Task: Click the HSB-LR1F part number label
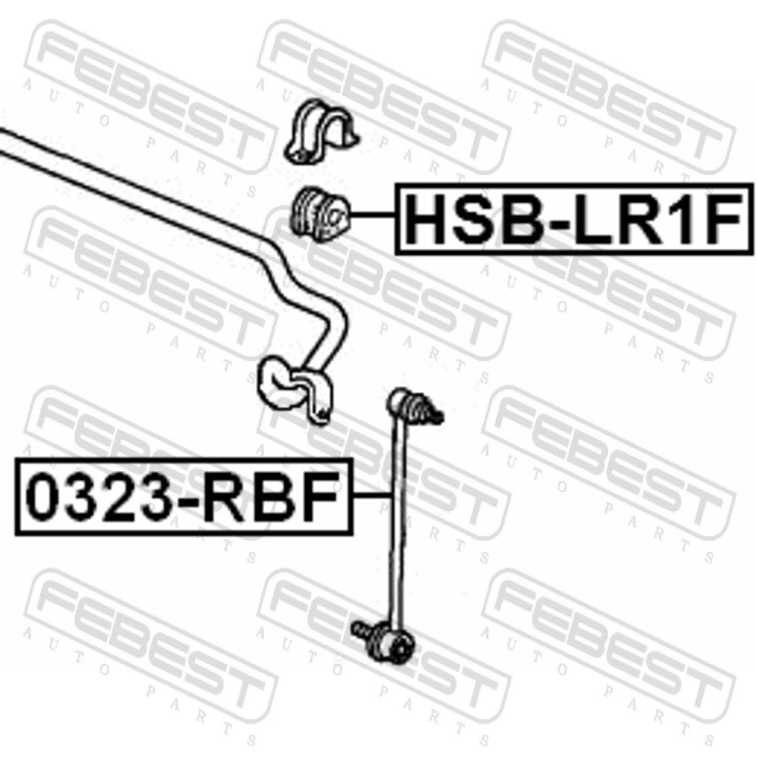(x=574, y=219)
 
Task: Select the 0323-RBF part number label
(x=184, y=497)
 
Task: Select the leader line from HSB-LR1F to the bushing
(x=374, y=214)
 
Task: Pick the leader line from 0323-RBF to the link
(x=372, y=495)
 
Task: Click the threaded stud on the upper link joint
(x=435, y=415)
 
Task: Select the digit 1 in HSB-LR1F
(x=681, y=219)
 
